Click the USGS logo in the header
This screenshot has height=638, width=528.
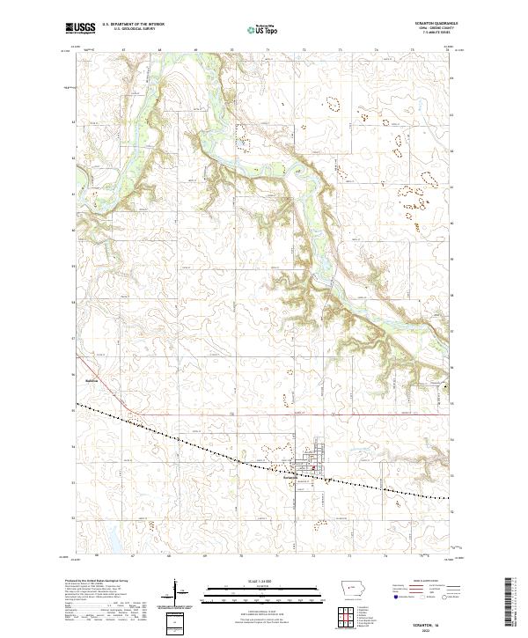point(80,28)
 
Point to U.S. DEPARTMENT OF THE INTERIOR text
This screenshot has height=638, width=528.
point(133,24)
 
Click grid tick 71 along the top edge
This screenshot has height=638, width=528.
point(268,51)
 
